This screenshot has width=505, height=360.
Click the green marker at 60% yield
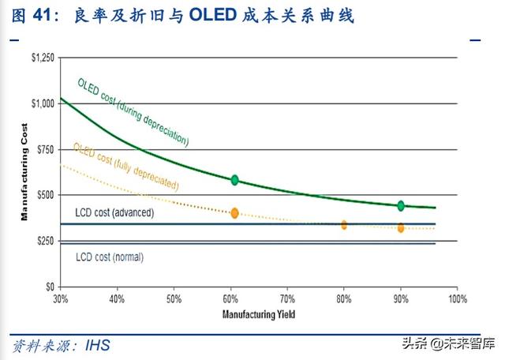tap(234, 180)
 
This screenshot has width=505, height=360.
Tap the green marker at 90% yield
tap(401, 205)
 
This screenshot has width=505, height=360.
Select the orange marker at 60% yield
tap(234, 213)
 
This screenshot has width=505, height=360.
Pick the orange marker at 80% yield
tap(344, 225)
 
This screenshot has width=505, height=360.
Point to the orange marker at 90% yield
tap(401, 228)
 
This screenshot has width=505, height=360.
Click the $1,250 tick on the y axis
tap(43, 58)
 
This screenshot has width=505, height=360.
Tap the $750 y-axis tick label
tap(46, 149)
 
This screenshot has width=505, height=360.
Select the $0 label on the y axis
tap(50, 287)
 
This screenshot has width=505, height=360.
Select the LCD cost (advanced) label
tap(114, 213)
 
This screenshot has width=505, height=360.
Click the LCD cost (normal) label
tap(110, 257)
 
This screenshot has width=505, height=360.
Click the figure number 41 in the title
tap(47, 15)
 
